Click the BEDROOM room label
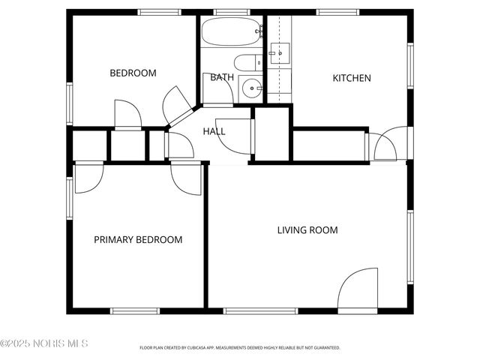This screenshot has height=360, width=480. [x=133, y=73]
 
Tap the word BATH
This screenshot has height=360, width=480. [x=221, y=77]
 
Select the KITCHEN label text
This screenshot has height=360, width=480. [x=352, y=77]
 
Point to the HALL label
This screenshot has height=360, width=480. [x=214, y=131]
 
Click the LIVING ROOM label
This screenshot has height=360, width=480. [x=307, y=230]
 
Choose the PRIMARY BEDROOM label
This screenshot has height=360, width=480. [x=138, y=240]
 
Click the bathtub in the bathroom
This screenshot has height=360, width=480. [x=232, y=32]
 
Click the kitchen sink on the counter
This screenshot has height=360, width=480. [x=279, y=52]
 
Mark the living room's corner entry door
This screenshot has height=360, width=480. [x=358, y=291]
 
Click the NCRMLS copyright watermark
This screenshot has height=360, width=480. [x=44, y=343]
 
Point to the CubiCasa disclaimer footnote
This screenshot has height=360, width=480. [x=240, y=348]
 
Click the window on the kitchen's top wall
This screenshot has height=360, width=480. [x=330, y=12]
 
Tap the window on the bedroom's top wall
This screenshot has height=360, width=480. [x=160, y=12]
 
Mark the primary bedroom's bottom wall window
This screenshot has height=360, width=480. [x=135, y=310]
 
